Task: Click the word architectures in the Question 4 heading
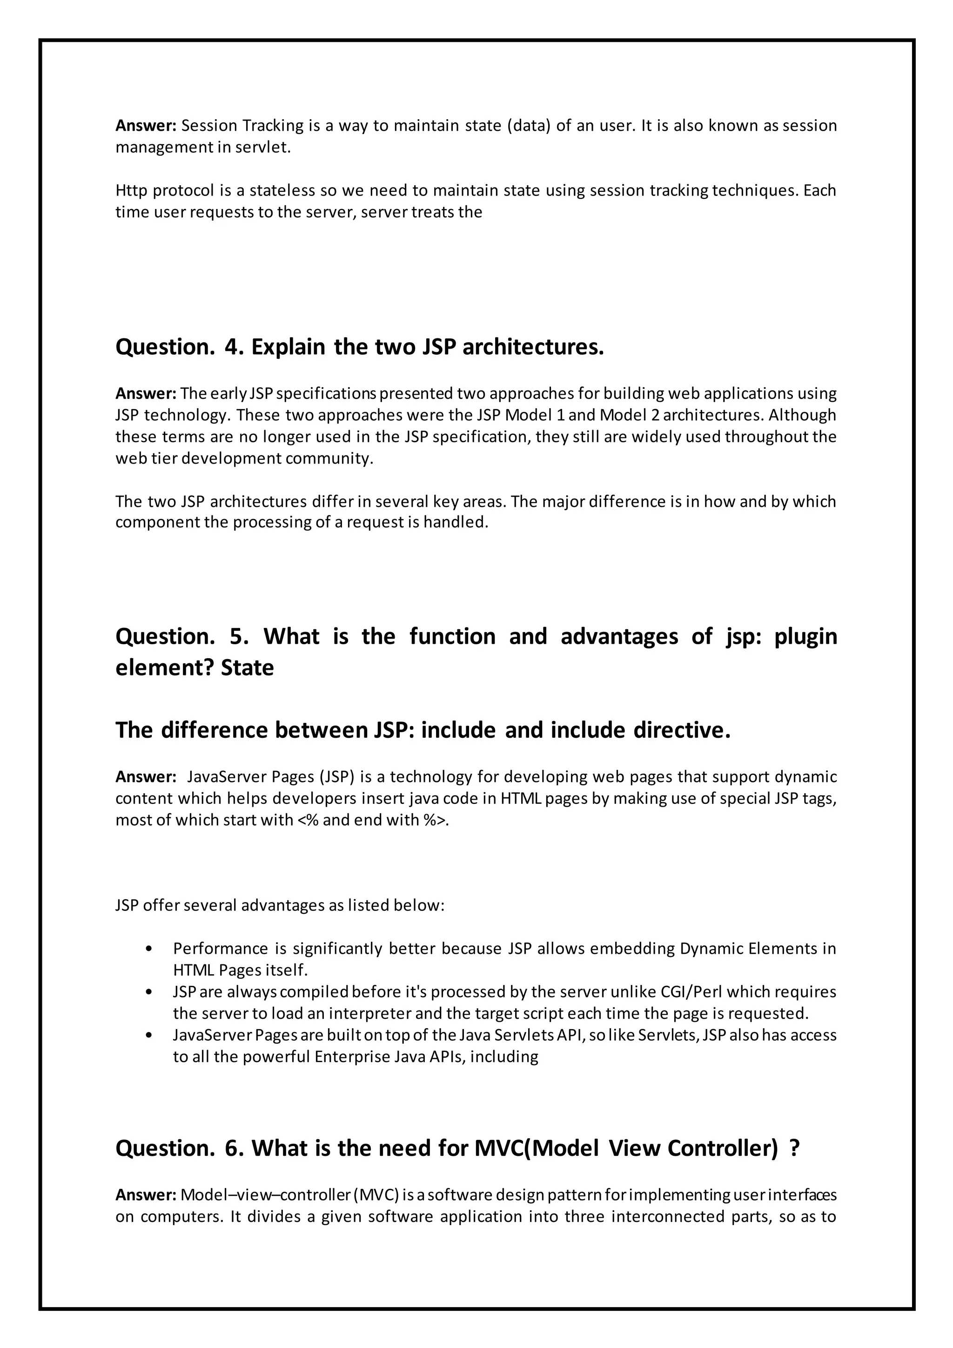point(533,347)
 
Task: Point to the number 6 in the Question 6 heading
point(234,1148)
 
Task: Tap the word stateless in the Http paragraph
point(282,191)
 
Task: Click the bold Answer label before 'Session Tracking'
point(146,126)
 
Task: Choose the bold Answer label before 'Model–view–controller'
point(146,1195)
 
